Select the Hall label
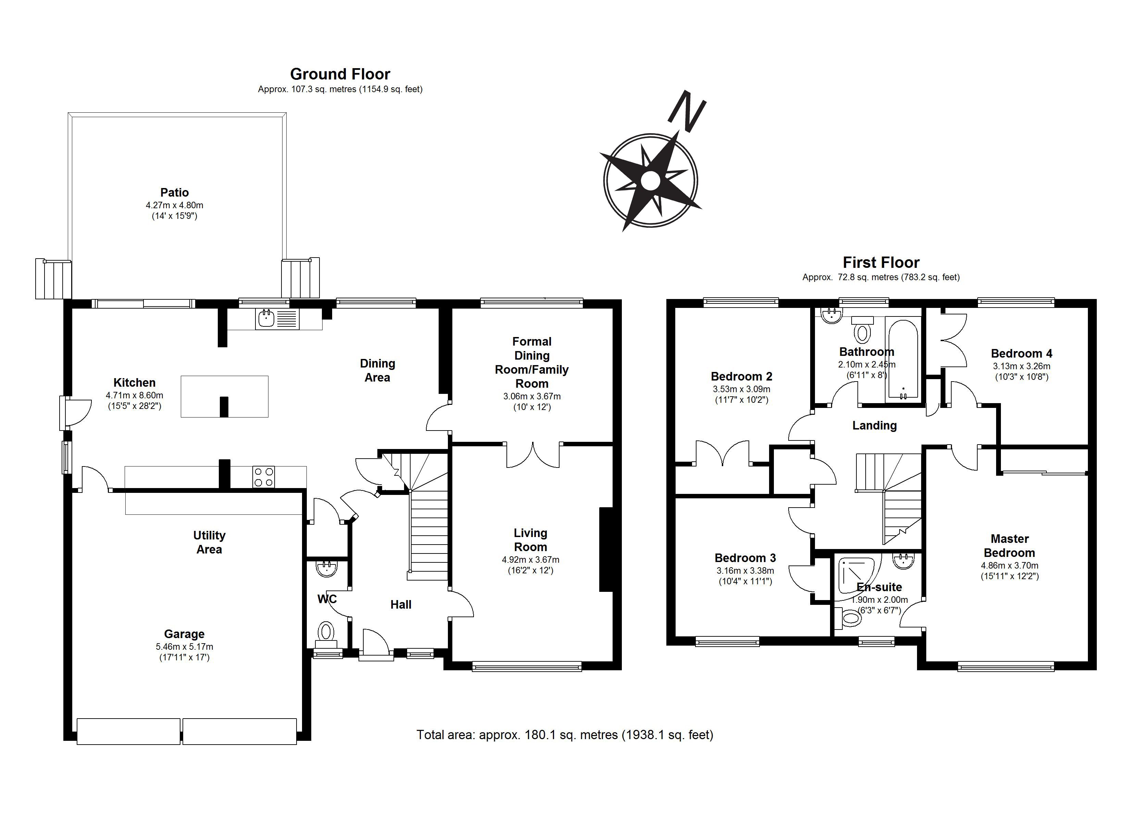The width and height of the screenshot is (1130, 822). click(x=401, y=605)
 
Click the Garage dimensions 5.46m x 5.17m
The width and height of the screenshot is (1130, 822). click(x=184, y=647)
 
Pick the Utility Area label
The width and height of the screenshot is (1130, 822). click(x=209, y=543)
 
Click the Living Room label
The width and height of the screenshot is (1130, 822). click(x=531, y=540)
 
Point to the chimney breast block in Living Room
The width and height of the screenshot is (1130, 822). click(x=605, y=549)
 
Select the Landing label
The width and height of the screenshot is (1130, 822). click(x=875, y=425)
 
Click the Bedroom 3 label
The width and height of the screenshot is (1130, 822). click(x=745, y=558)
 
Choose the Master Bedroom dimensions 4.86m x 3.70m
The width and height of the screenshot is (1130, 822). click(x=1010, y=565)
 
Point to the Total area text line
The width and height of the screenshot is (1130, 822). click(x=565, y=735)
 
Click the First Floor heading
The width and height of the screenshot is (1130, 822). click(x=881, y=262)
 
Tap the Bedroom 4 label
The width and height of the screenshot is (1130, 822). click(x=1021, y=353)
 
